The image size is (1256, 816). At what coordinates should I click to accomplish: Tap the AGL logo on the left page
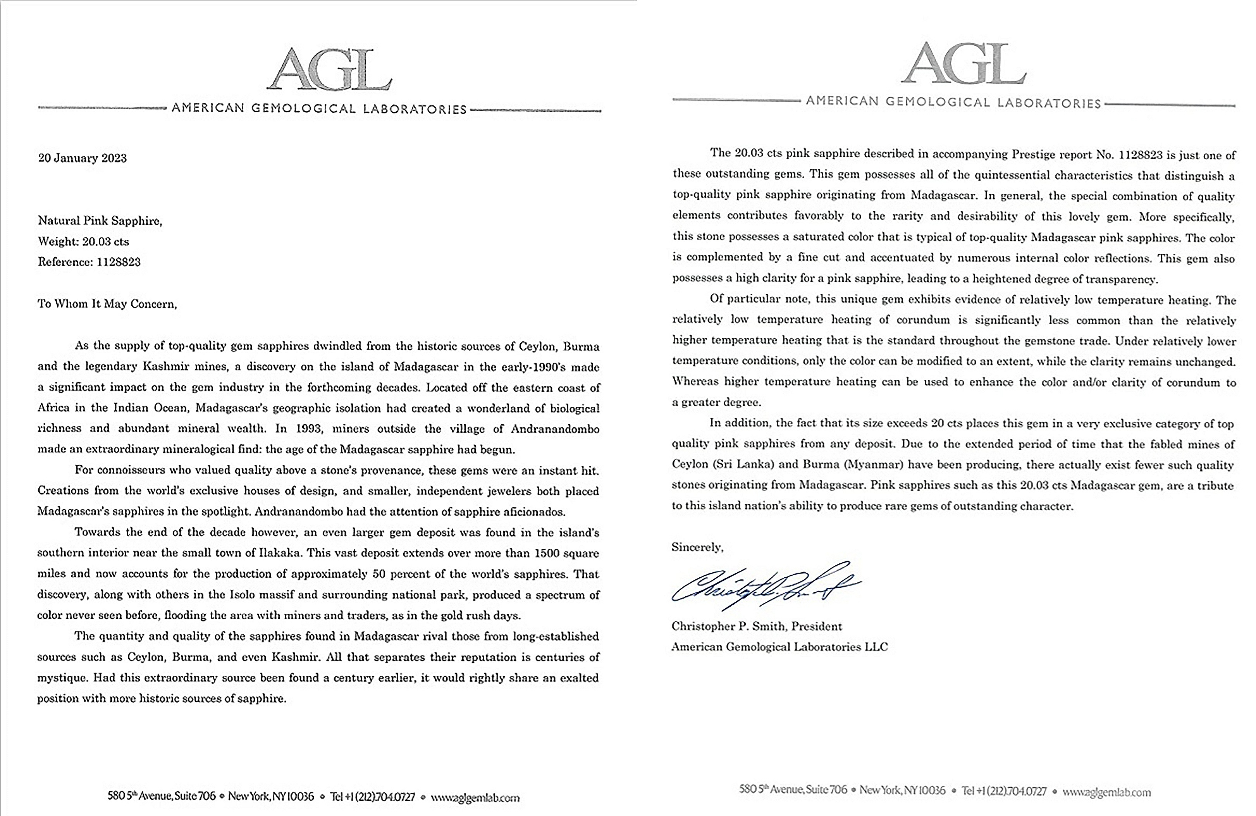pyautogui.click(x=329, y=70)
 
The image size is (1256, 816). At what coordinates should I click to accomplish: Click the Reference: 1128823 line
pyautogui.click(x=89, y=262)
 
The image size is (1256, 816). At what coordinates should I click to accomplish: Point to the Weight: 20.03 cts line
pyautogui.click(x=83, y=242)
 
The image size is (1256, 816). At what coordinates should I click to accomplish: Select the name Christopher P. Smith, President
pyautogui.click(x=756, y=627)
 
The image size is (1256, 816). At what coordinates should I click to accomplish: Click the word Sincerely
pyautogui.click(x=697, y=547)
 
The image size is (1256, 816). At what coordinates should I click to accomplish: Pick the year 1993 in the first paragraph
pyautogui.click(x=303, y=429)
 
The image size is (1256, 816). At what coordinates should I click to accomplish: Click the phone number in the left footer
pyautogui.click(x=373, y=797)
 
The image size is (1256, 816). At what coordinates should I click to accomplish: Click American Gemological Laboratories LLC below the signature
pyautogui.click(x=779, y=647)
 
